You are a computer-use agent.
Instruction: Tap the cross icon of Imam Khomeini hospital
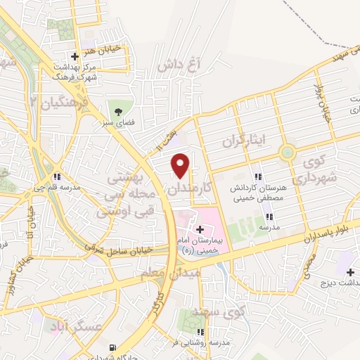point(200,230)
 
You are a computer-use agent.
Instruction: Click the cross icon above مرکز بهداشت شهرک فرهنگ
point(75,56)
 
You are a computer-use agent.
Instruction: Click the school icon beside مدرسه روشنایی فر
point(201,332)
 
